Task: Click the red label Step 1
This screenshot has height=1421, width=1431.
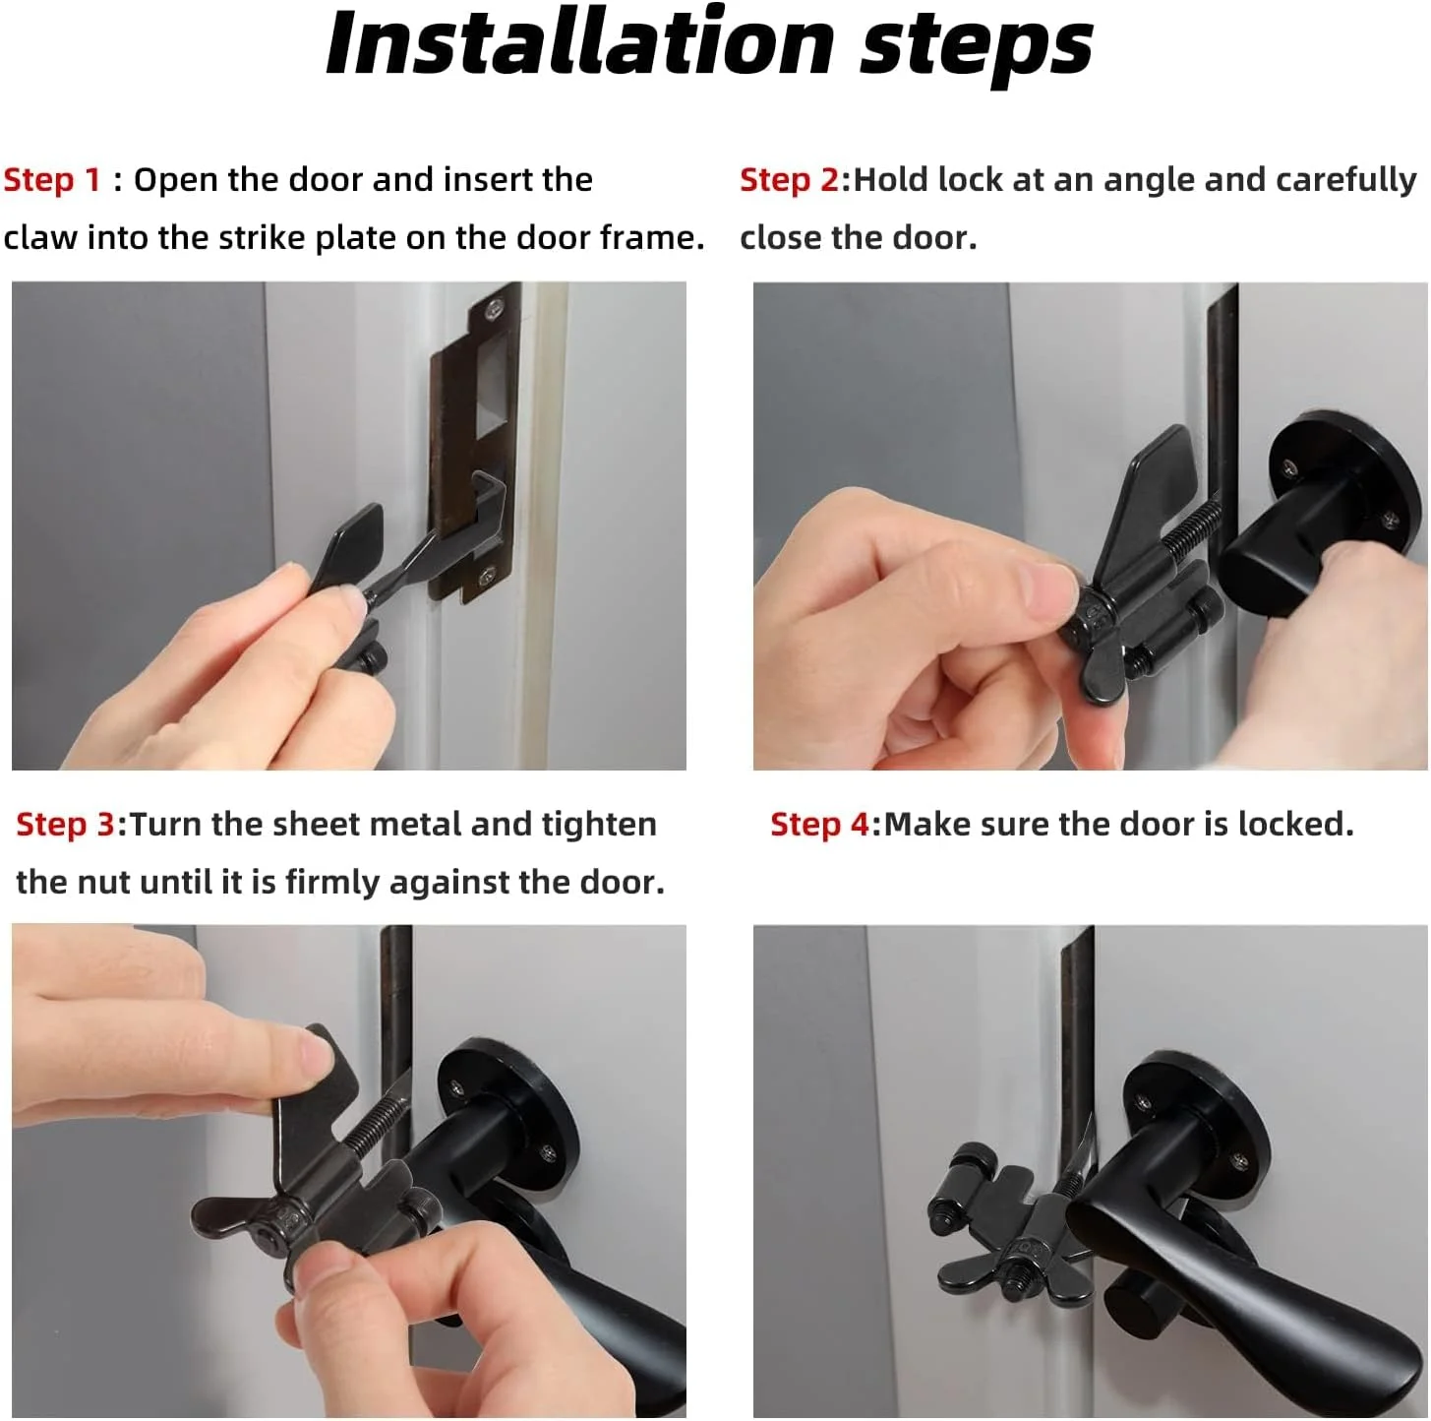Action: [52, 180]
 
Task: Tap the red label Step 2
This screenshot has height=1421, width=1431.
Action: [789, 180]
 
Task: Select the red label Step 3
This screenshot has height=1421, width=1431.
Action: [65, 825]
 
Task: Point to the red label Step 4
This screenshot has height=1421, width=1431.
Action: [819, 825]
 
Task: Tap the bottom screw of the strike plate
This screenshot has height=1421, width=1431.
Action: [487, 573]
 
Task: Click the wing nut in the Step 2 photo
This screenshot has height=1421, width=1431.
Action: [1093, 639]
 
